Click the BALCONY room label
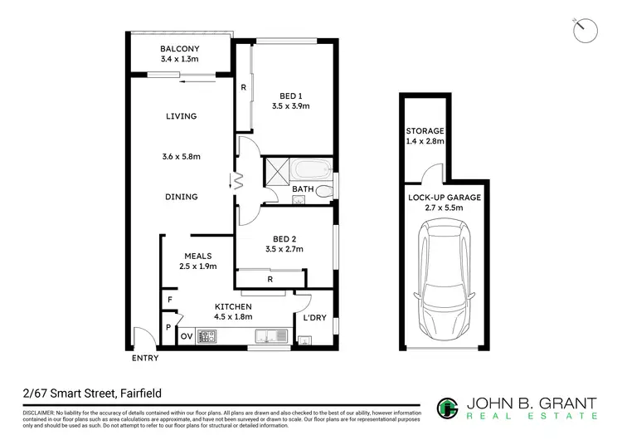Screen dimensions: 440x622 pyautogui.click(x=179, y=49)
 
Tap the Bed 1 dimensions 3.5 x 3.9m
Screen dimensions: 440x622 pyautogui.click(x=290, y=105)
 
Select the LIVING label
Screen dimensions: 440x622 pyautogui.click(x=181, y=116)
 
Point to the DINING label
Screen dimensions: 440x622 pyautogui.click(x=181, y=197)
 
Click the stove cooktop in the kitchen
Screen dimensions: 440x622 pyautogui.click(x=207, y=336)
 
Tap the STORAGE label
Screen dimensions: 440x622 pyautogui.click(x=425, y=131)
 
